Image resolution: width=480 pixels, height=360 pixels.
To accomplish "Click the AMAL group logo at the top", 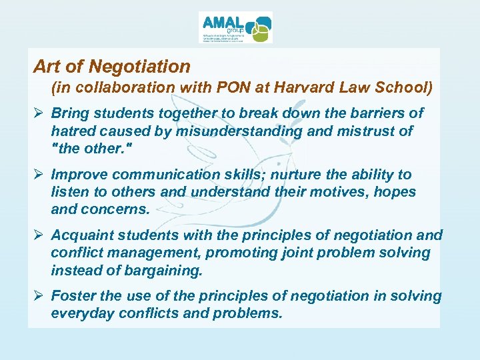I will coord(235,28).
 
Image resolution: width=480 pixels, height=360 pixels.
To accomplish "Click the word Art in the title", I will coord(47,67).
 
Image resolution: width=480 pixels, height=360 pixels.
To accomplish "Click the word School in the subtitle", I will coord(405,87).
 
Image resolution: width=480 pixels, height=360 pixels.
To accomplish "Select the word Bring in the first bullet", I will coord(70,113).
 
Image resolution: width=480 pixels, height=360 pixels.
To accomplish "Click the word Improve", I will coord(81,175).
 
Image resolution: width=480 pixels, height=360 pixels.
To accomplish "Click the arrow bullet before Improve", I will coord(39,175).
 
